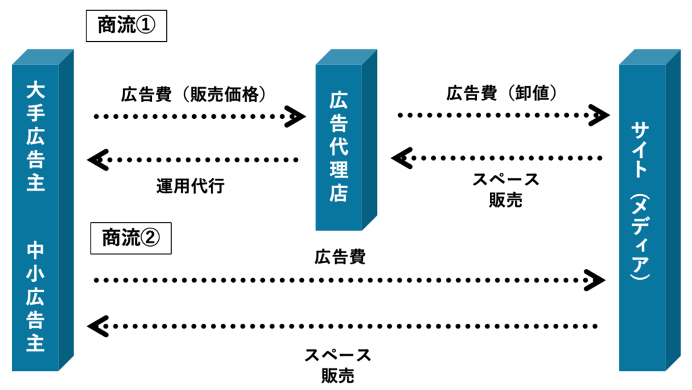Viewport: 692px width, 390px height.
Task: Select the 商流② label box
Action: point(130,238)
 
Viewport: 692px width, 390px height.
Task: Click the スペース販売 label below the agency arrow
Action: point(505,190)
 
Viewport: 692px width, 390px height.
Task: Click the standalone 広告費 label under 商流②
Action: point(339,257)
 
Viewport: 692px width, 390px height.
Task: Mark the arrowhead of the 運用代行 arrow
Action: point(97,160)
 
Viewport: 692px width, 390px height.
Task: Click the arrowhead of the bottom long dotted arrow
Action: point(97,326)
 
